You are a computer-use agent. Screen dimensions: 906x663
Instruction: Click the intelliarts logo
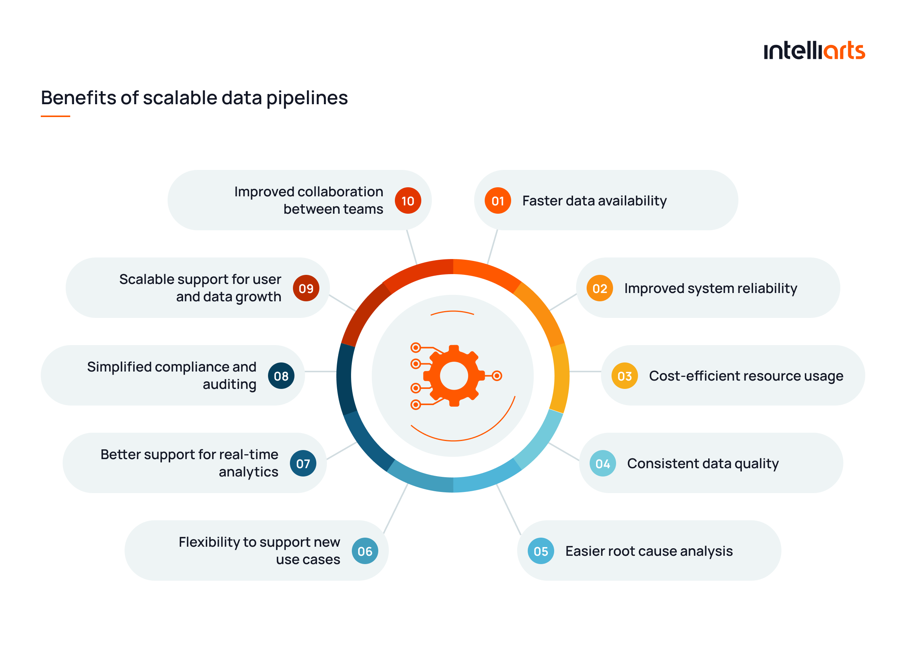[814, 51]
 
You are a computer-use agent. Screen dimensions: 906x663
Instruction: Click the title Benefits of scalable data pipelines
[194, 98]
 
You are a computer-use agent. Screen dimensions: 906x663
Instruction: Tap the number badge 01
[498, 200]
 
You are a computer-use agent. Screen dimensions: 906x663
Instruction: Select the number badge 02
[599, 288]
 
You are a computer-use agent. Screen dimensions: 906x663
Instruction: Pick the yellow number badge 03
[624, 376]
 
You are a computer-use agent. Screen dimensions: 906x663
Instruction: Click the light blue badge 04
[602, 464]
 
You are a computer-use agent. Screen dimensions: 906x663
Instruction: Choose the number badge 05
[541, 551]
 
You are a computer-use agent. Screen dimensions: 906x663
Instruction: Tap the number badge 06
[365, 551]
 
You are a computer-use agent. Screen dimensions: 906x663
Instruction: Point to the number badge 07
[303, 464]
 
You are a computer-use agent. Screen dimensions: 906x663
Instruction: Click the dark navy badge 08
[281, 376]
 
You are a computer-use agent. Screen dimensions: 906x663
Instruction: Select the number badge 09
[306, 288]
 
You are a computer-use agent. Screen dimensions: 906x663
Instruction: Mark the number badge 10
[408, 200]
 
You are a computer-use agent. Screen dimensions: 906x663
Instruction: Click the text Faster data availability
[594, 200]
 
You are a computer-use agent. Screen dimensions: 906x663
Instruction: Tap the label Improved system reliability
[710, 288]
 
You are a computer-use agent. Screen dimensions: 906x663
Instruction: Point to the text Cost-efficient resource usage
[746, 376]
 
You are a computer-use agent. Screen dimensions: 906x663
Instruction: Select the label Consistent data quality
[703, 464]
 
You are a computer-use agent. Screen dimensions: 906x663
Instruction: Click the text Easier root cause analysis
[649, 551]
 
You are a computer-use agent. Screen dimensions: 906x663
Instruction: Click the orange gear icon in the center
[454, 376]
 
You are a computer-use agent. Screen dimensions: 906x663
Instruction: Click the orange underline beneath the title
[55, 116]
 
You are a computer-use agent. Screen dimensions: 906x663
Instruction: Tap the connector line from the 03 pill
[585, 372]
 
